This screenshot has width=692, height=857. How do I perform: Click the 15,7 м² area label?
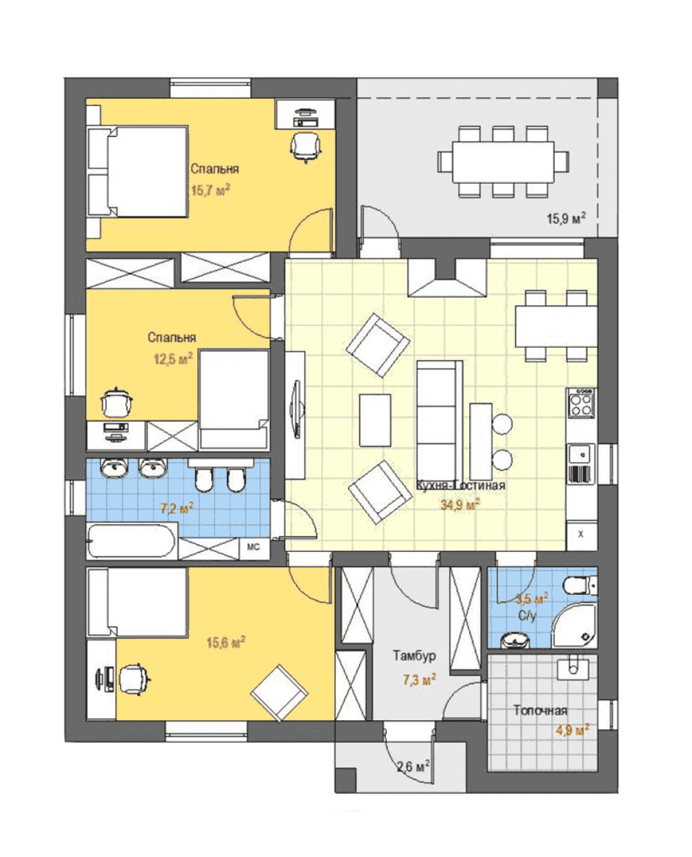210,190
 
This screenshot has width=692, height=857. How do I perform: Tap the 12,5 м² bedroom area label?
173,358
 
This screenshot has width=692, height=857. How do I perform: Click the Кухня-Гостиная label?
461,486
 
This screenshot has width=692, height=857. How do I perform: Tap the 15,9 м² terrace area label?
565,219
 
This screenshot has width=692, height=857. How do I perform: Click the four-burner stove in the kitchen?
581,403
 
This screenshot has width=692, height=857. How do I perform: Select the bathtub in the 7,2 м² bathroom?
132,540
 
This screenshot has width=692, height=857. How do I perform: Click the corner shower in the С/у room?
574,626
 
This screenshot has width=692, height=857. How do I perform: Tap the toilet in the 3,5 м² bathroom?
581,585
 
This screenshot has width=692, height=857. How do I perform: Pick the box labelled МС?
253,547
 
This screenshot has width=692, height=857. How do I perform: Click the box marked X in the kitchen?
581,535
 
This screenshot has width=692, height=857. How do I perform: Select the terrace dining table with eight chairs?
503,162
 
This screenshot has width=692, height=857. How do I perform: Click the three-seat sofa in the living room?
439,421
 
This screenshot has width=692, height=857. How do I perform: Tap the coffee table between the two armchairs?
375,421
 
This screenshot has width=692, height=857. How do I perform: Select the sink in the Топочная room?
573,667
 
